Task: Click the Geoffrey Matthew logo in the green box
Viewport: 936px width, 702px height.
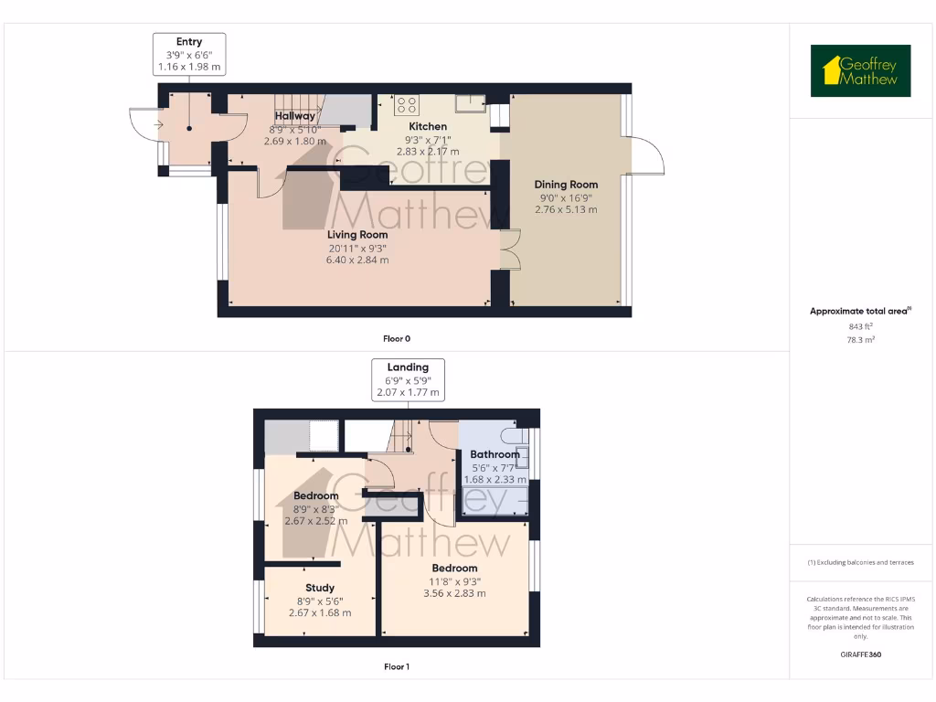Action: (x=860, y=71)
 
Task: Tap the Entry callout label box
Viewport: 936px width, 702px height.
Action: (x=188, y=55)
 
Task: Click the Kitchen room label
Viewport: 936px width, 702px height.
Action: (x=428, y=126)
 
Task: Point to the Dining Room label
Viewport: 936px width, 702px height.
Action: (x=566, y=185)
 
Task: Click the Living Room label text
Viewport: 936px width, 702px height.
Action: (x=357, y=235)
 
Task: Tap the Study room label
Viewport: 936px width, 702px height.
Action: (x=320, y=588)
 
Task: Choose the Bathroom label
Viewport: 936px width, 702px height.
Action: (x=495, y=454)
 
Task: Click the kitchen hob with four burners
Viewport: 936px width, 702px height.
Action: (x=406, y=105)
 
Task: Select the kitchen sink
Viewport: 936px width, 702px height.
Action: (x=471, y=102)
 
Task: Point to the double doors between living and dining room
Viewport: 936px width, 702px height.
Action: (x=509, y=248)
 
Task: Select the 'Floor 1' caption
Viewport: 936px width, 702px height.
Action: (x=396, y=667)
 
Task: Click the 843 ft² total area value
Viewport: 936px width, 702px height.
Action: (x=860, y=325)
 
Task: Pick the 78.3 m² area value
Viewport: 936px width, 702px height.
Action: (x=860, y=339)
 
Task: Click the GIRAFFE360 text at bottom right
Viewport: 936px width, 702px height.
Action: (x=860, y=654)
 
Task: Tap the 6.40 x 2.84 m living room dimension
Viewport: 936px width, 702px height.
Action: (x=357, y=260)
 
